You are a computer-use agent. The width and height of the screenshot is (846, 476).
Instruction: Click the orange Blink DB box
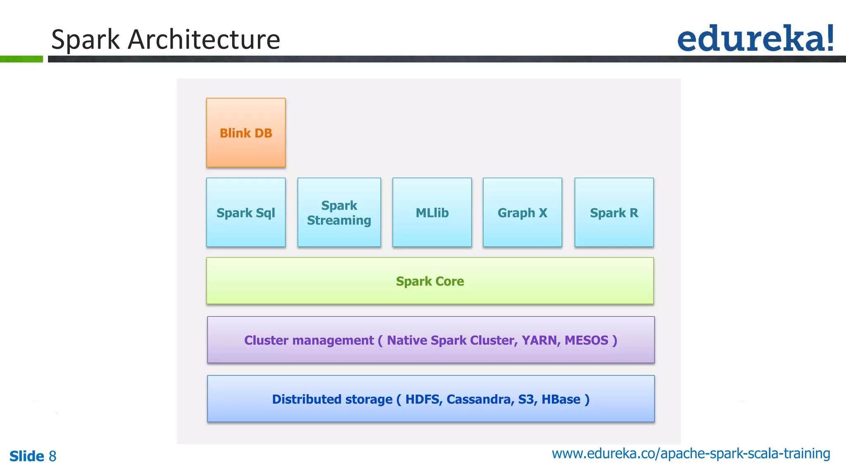click(246, 133)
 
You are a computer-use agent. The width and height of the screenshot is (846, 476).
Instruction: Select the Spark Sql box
click(246, 212)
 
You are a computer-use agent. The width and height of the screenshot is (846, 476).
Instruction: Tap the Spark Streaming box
click(339, 212)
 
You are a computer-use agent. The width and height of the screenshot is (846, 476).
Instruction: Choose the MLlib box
click(432, 212)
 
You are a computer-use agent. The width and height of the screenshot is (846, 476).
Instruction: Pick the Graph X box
click(522, 212)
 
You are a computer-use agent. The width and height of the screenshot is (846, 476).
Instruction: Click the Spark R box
click(614, 212)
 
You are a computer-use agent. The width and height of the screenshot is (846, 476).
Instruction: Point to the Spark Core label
click(430, 281)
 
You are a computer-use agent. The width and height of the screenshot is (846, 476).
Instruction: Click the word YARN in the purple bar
click(539, 340)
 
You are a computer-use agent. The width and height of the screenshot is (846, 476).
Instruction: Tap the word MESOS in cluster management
click(586, 340)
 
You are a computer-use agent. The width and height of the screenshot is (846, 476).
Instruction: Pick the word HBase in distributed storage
click(561, 399)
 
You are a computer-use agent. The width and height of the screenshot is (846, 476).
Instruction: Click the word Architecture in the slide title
click(204, 40)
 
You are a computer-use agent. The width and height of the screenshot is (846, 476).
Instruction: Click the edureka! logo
click(755, 38)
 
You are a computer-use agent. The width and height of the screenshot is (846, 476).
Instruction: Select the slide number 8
click(52, 456)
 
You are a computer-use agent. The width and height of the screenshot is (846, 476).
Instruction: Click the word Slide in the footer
click(26, 456)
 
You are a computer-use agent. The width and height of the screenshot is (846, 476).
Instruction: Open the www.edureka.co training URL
click(691, 453)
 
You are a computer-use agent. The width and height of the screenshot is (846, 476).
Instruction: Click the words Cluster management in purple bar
click(309, 340)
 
